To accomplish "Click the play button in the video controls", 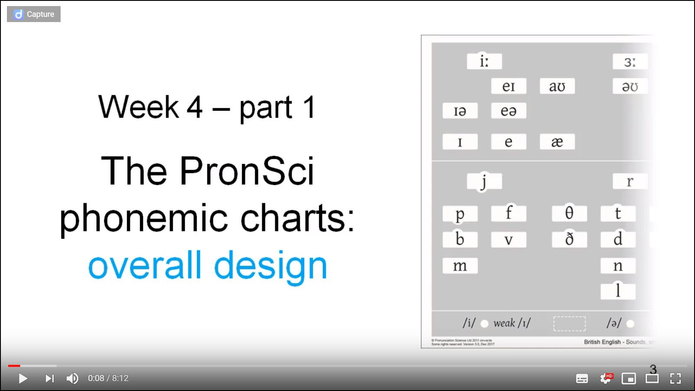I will pyautogui.click(x=23, y=378).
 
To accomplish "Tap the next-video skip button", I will pyautogui.click(x=50, y=378).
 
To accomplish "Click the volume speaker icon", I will pyautogui.click(x=72, y=378).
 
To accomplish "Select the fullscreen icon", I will pyautogui.click(x=675, y=378).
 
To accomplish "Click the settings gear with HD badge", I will pyautogui.click(x=606, y=378).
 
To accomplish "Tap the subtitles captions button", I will pyautogui.click(x=582, y=379).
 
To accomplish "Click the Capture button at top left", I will pyautogui.click(x=34, y=14).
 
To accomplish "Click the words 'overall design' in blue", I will pyautogui.click(x=208, y=265).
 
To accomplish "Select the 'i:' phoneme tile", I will pyautogui.click(x=484, y=61).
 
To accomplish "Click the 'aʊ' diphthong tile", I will pyautogui.click(x=557, y=86).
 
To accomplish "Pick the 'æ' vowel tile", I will pyautogui.click(x=557, y=141).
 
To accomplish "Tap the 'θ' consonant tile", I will pyautogui.click(x=569, y=213).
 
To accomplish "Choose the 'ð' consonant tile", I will pyautogui.click(x=569, y=239).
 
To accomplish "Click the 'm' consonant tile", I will pyautogui.click(x=460, y=266).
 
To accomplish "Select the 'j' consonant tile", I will pyautogui.click(x=484, y=181).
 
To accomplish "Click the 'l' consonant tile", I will pyautogui.click(x=618, y=291).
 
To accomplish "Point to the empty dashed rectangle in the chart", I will pyautogui.click(x=569, y=324).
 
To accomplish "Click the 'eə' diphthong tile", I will pyautogui.click(x=508, y=111).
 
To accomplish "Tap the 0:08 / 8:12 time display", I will pyautogui.click(x=108, y=378).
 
